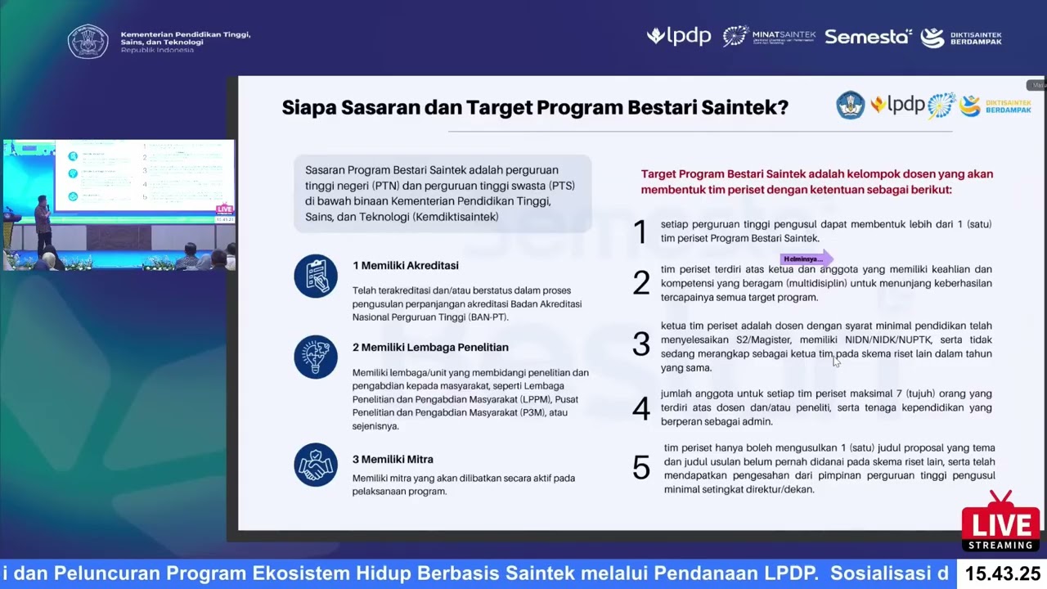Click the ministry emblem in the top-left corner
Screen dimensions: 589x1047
click(x=88, y=41)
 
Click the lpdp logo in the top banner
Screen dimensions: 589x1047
click(x=679, y=37)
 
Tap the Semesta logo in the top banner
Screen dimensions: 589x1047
click(x=868, y=37)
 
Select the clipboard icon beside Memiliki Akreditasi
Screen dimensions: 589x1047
click(x=316, y=276)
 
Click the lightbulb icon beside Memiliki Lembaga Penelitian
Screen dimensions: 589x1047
click(x=316, y=357)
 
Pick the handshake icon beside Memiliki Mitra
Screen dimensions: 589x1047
click(x=316, y=465)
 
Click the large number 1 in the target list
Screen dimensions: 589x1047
click(x=640, y=232)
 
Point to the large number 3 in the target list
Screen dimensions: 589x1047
click(x=641, y=344)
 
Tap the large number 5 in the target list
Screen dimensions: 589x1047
click(x=641, y=468)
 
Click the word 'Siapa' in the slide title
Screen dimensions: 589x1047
click(x=308, y=108)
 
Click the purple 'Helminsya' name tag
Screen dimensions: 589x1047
click(x=805, y=259)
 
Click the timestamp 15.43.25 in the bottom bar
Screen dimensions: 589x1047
click(x=1003, y=573)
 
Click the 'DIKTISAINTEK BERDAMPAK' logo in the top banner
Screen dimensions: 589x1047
click(x=961, y=38)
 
